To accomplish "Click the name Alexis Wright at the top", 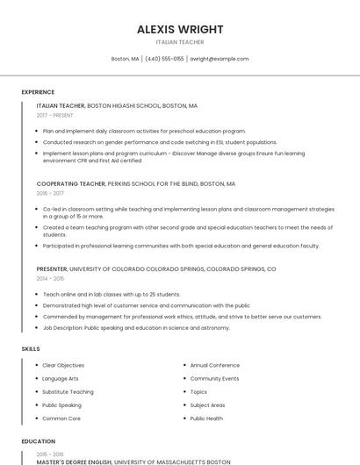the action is pyautogui.click(x=180, y=29).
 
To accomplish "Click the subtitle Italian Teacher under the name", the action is pyautogui.click(x=180, y=42).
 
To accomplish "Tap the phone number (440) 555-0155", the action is pyautogui.click(x=165, y=59).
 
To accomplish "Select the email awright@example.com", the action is pyautogui.click(x=220, y=59).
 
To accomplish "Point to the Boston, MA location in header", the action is pyautogui.click(x=125, y=59).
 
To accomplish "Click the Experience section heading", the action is pyautogui.click(x=38, y=92).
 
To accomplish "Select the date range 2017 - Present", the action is pyautogui.click(x=54, y=115).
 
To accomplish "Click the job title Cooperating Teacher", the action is pyautogui.click(x=71, y=184).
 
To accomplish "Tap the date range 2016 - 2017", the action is pyautogui.click(x=50, y=193).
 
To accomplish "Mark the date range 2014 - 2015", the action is pyautogui.click(x=50, y=278).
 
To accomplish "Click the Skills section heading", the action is pyautogui.click(x=31, y=349).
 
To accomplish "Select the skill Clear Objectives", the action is pyautogui.click(x=63, y=365).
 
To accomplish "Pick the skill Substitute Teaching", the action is pyautogui.click(x=68, y=392).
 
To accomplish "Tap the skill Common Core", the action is pyautogui.click(x=61, y=419).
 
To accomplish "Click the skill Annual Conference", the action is pyautogui.click(x=214, y=365).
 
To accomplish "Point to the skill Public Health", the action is pyautogui.click(x=206, y=419).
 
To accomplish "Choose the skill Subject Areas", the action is pyautogui.click(x=207, y=405).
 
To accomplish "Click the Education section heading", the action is pyautogui.click(x=38, y=441).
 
